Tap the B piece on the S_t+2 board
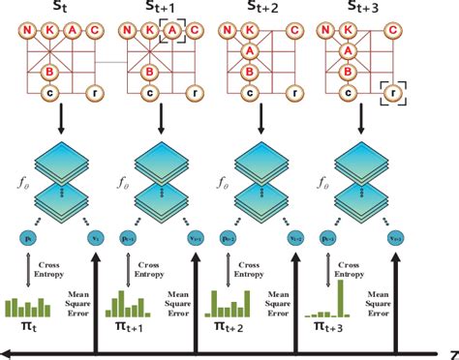(x=250, y=72)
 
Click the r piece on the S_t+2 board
(x=296, y=93)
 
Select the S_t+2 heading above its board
(x=274, y=8)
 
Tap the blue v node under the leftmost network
(x=95, y=235)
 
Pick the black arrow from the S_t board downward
(x=50, y=118)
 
